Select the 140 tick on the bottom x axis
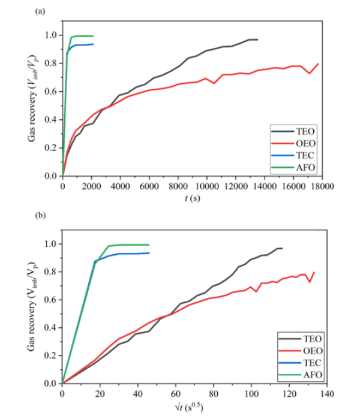click(x=327, y=394)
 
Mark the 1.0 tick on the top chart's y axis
click(x=52, y=35)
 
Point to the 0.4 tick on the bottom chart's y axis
click(x=52, y=327)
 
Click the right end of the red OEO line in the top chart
click(x=318, y=64)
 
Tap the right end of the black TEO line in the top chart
click(x=257, y=40)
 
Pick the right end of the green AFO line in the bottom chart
click(x=149, y=245)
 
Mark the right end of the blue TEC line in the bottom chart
click(x=149, y=253)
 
